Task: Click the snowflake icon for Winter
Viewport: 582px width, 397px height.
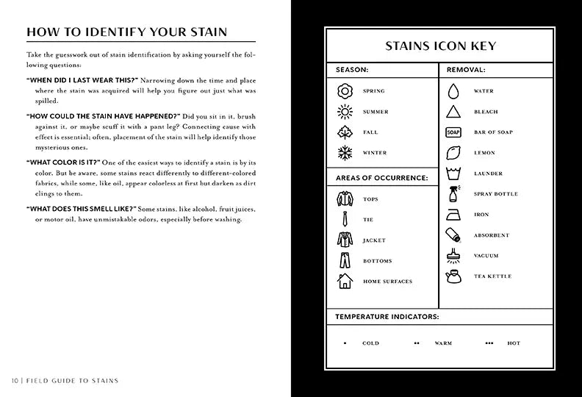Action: (345, 153)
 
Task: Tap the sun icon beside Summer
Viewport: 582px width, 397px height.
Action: (345, 112)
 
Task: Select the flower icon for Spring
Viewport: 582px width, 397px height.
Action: (345, 91)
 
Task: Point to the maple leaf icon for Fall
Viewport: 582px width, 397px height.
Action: (345, 132)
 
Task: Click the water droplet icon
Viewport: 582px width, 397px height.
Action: (453, 91)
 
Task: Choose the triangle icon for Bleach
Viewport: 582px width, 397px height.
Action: (453, 112)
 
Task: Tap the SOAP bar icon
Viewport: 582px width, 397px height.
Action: (453, 132)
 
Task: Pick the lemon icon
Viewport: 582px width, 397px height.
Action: (453, 153)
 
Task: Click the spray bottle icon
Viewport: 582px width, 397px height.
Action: (453, 194)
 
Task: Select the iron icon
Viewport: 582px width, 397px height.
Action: (453, 215)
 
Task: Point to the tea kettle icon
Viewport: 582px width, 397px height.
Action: (453, 276)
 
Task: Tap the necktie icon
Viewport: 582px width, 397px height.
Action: (345, 219)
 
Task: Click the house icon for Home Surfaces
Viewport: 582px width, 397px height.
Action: (345, 281)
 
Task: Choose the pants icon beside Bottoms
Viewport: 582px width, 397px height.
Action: (345, 260)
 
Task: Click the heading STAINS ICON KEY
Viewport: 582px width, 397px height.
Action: (440, 46)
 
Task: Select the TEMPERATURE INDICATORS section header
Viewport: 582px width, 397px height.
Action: (387, 317)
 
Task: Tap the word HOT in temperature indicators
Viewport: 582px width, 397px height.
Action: (514, 343)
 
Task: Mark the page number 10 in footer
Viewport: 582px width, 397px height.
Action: (15, 381)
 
